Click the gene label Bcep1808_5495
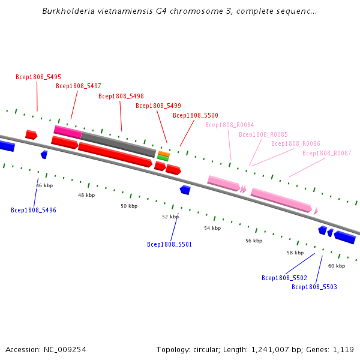click(38, 77)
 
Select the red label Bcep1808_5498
click(121, 96)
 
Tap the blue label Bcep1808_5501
click(169, 244)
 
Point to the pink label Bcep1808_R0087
click(327, 153)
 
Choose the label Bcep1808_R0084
click(230, 125)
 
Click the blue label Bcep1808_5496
click(34, 210)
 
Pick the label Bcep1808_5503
click(314, 287)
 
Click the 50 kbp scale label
click(129, 206)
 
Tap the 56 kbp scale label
click(254, 241)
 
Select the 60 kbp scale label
click(337, 266)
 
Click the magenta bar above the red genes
click(68, 132)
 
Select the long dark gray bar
click(118, 144)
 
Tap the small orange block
click(164, 154)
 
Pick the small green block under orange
click(163, 158)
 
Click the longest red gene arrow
click(115, 155)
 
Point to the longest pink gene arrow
click(281, 200)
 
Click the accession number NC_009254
click(65, 350)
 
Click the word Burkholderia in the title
click(68, 11)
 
